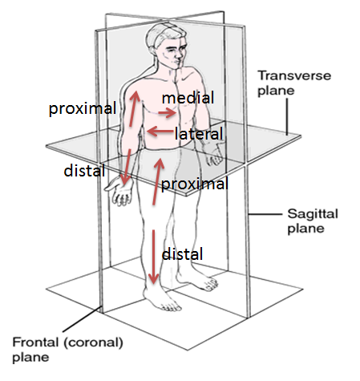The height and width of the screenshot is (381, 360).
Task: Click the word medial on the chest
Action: pos(188,98)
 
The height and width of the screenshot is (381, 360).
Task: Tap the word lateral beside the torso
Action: pos(199,133)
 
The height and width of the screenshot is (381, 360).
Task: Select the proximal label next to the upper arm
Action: pos(83,109)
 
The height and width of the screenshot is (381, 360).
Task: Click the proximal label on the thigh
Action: pos(195,184)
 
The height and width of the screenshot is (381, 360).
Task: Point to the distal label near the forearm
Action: pos(84,171)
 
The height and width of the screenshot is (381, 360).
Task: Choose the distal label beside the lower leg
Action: pos(182,253)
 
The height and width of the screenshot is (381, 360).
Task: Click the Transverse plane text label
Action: pos(294,83)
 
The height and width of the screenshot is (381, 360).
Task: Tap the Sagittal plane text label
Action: pos(313,221)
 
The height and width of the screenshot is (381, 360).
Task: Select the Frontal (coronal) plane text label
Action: pos(67,350)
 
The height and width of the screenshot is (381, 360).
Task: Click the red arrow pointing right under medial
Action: pos(167,112)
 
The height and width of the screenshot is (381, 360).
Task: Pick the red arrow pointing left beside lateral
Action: pos(160,132)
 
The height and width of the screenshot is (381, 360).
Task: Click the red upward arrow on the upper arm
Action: pos(134,108)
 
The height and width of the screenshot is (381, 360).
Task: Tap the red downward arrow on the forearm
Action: pos(127,167)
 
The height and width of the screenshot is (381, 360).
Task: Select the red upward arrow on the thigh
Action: pos(158,181)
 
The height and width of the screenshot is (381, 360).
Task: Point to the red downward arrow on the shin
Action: pos(153,257)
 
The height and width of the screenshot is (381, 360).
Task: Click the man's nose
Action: pos(178,55)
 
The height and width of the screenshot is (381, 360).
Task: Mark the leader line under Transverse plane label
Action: pos(287,116)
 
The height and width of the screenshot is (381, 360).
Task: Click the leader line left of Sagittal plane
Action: pos(265,214)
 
